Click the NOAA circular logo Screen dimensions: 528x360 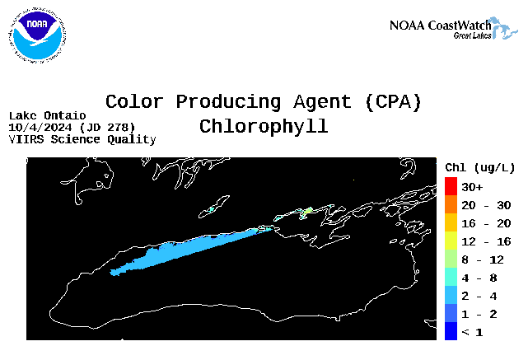pos(37,35)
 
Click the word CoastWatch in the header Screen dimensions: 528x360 pos(460,26)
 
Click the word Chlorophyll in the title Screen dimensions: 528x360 pos(264,127)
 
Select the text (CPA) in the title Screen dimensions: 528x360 pos(393,101)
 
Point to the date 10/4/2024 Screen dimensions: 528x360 pos(40,128)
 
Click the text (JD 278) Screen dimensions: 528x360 pos(107,128)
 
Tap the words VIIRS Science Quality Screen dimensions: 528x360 pos(82,139)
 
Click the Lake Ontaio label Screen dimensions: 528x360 pos(48,116)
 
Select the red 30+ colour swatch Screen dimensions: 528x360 pos(451,186)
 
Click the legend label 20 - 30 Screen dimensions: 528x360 pos(486,205)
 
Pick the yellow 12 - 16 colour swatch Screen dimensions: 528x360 pos(451,241)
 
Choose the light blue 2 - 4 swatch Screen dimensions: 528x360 pos(451,296)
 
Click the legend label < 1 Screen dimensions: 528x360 pos(472,332)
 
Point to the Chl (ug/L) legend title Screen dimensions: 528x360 pos(480,168)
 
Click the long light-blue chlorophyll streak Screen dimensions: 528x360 pos(189,251)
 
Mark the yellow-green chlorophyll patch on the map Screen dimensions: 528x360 pos(306,212)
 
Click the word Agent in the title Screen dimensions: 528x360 pos(322,102)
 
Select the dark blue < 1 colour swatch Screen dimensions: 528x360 pos(451,331)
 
